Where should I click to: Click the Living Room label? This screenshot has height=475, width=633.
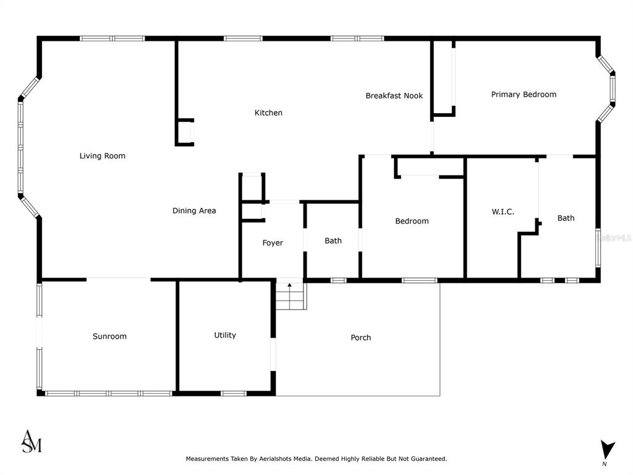102,156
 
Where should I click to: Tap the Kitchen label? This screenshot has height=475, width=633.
268,113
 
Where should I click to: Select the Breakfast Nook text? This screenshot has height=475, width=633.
394,96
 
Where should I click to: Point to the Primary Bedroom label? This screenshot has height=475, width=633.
524,95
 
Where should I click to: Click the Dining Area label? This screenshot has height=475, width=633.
194,210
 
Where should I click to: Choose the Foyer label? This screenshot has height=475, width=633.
273,242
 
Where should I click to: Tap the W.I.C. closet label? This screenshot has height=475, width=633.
503,212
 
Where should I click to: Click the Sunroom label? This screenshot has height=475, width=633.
109,336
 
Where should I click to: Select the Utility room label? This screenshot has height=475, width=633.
225,335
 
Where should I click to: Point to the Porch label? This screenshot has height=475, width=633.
360,338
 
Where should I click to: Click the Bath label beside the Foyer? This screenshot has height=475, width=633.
333,241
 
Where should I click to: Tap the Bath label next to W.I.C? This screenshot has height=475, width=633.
566,218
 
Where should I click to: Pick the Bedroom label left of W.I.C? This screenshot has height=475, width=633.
412,221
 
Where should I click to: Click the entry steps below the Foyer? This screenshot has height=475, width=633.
291,296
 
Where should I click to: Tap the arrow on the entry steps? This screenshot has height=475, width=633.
289,287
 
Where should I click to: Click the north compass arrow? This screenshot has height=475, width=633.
607,450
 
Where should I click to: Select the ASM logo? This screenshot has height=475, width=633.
32,441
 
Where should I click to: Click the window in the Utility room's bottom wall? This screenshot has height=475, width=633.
233,393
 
